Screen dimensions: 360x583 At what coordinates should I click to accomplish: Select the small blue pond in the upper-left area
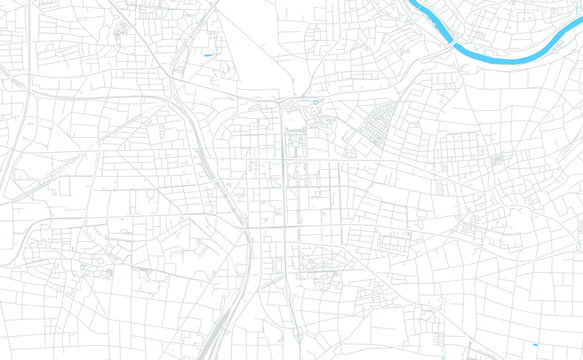click(x=208, y=53)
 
